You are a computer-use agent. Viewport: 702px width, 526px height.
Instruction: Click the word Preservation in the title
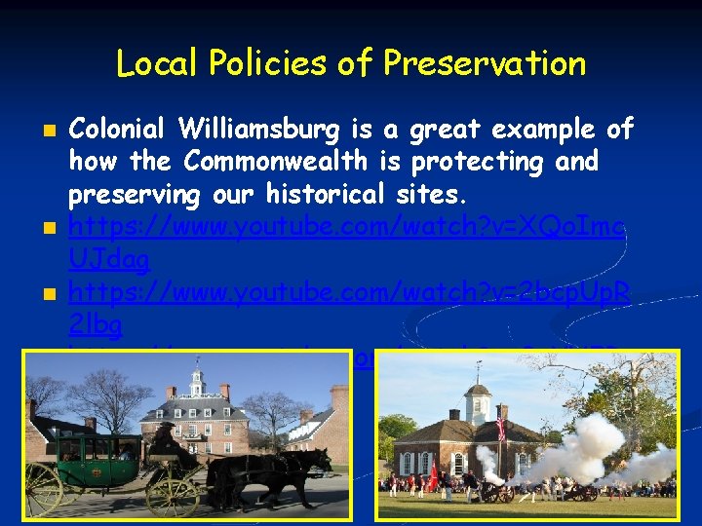coord(484,63)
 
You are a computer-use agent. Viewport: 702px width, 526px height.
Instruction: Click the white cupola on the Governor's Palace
coord(197,374)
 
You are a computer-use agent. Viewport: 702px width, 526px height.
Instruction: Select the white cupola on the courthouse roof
coord(477,399)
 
